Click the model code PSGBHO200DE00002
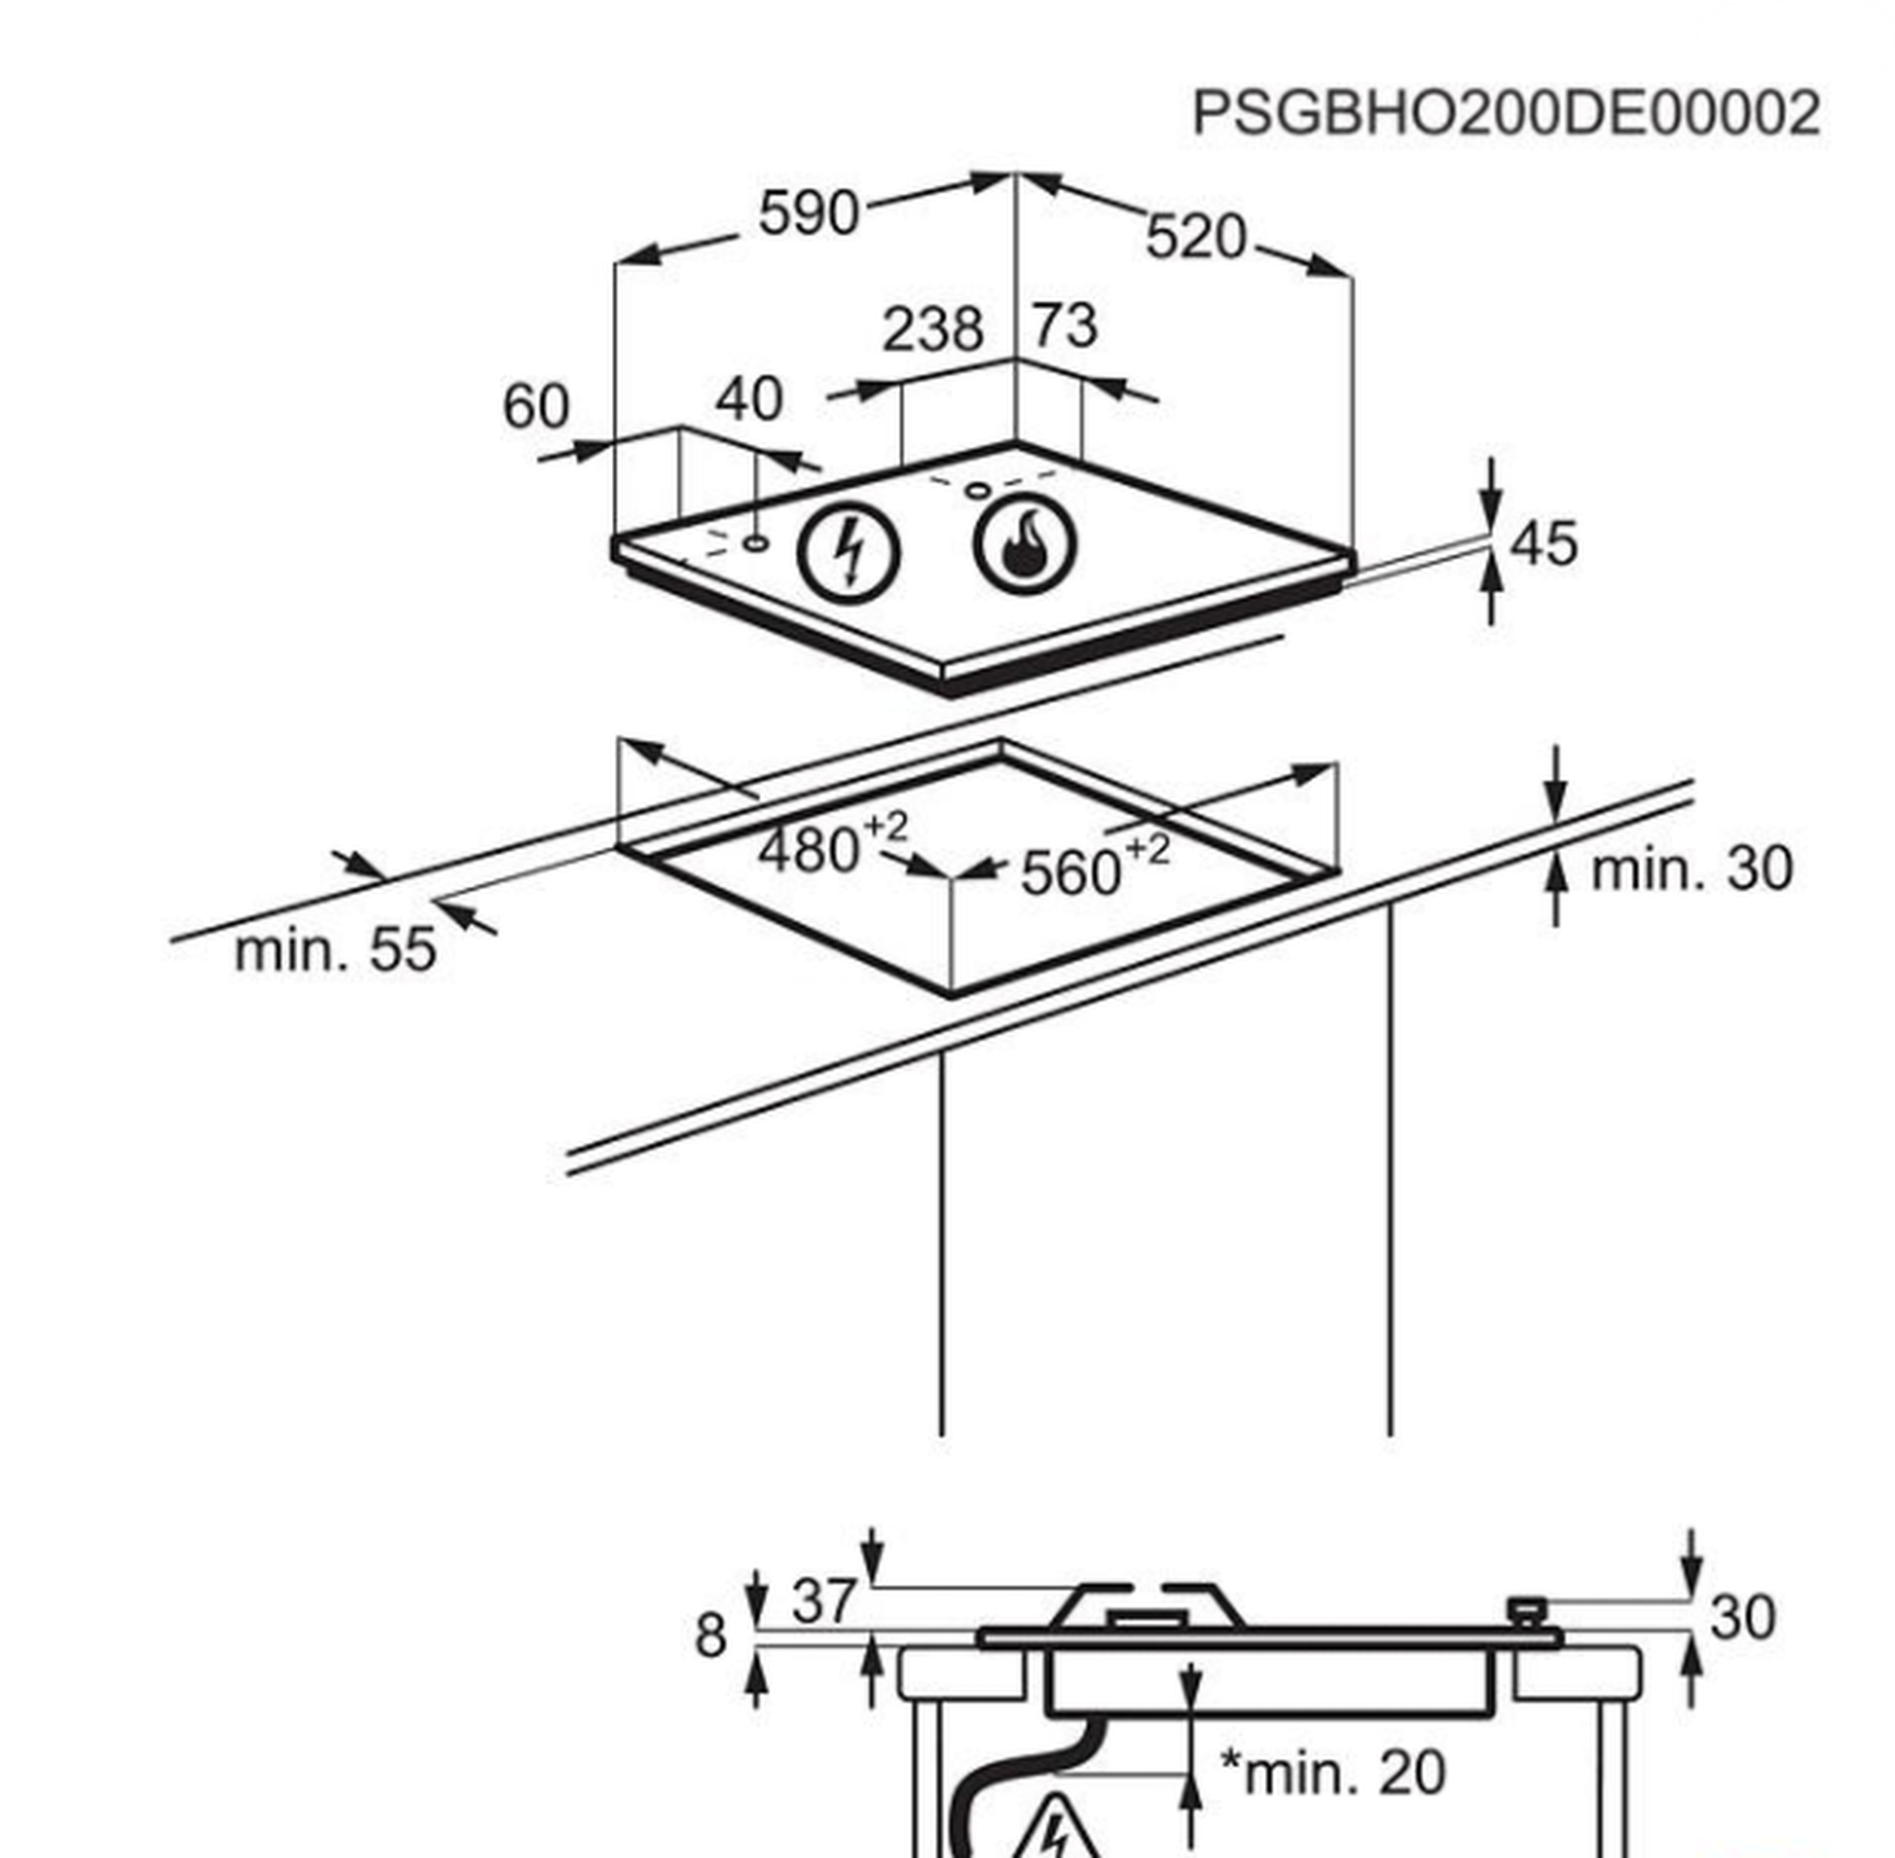(x=1506, y=113)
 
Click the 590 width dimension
(x=809, y=214)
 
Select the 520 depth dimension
(x=1196, y=238)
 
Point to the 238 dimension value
(x=932, y=330)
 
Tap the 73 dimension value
(x=1065, y=326)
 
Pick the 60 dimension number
(x=534, y=406)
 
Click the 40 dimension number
(x=749, y=400)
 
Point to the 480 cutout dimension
(x=808, y=850)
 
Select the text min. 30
(x=1691, y=868)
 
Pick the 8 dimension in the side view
(x=711, y=1635)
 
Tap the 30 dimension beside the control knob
(x=1742, y=1618)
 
